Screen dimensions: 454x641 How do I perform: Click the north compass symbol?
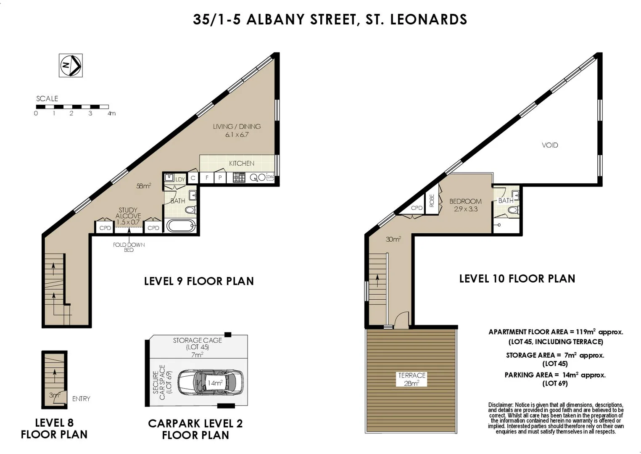[x=71, y=65]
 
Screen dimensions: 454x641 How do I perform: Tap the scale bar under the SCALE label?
[x=72, y=107]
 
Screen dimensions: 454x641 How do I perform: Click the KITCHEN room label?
[x=241, y=163]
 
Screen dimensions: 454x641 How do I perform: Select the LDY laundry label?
[x=180, y=179]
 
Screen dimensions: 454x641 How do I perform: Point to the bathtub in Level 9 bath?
[x=181, y=226]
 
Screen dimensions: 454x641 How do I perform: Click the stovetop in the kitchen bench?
[x=239, y=177]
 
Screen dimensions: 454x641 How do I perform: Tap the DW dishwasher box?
[x=270, y=177]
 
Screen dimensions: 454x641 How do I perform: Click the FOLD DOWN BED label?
[x=129, y=247]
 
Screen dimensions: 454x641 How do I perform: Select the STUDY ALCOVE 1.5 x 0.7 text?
[x=128, y=216]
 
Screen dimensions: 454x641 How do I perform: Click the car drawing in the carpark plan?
[x=210, y=383]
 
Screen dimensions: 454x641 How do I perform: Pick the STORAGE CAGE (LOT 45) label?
[x=197, y=343]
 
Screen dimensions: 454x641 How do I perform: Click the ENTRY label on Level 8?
[x=81, y=399]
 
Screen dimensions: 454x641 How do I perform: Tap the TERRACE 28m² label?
[x=412, y=379]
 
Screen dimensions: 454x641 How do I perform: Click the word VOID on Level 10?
[x=550, y=145]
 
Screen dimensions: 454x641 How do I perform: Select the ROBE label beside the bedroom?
[x=431, y=201]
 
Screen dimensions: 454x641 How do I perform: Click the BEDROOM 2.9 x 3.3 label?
[x=465, y=205]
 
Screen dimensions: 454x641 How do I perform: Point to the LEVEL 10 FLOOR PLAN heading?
[x=517, y=279]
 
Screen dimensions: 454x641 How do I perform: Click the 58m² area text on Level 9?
[x=143, y=185]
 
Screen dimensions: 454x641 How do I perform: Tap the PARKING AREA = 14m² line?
[x=555, y=375]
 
